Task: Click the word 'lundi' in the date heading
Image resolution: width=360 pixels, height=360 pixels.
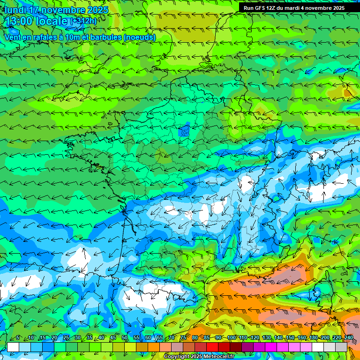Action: [15, 10]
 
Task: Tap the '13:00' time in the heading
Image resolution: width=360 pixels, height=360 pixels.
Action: [18, 21]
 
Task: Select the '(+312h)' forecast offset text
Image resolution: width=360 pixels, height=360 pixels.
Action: [83, 21]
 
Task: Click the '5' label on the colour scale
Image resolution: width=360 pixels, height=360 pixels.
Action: [17, 338]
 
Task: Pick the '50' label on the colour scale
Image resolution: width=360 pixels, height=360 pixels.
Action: [125, 338]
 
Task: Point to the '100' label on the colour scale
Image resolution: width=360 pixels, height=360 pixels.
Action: [232, 338]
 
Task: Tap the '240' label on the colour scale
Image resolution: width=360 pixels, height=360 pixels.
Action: [348, 338]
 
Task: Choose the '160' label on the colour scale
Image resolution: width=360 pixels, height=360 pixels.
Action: [301, 338]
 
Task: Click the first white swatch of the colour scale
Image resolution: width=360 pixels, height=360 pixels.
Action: [13, 347]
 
